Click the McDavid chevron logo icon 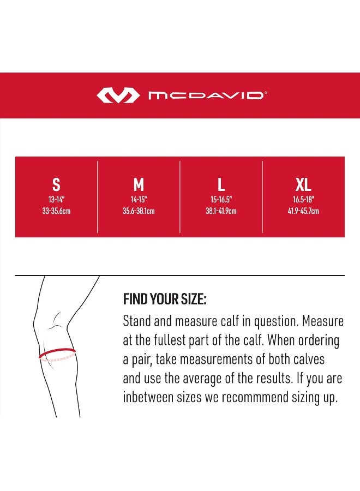(x=117, y=95)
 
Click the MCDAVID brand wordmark (x=207, y=95)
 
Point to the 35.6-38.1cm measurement (x=139, y=211)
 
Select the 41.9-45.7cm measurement (x=303, y=211)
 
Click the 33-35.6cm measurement (x=56, y=211)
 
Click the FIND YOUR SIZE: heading (x=165, y=300)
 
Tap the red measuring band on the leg (x=57, y=354)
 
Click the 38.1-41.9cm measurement (x=221, y=211)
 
